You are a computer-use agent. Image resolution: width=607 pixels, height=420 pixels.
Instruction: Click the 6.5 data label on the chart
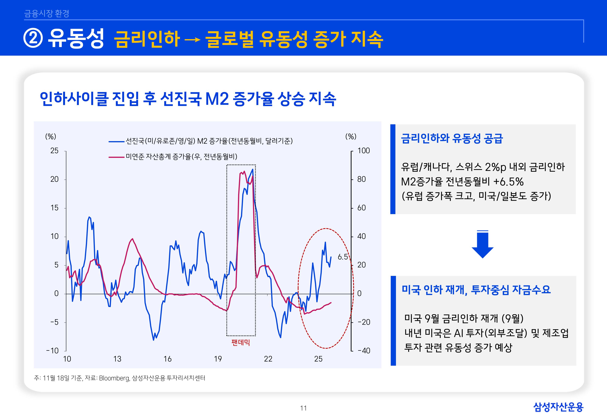pos(343,257)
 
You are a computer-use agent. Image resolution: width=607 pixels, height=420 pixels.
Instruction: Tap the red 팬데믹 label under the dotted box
pos(240,342)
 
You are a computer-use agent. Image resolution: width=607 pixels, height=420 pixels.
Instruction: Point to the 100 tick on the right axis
pos(363,151)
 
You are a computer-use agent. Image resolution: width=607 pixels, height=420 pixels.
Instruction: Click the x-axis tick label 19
pos(218,359)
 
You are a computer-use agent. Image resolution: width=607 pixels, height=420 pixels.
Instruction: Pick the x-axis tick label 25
pos(318,359)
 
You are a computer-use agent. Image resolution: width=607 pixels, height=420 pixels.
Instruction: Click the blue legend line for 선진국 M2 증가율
pos(116,141)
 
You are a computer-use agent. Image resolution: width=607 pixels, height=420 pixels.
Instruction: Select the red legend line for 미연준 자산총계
pos(116,157)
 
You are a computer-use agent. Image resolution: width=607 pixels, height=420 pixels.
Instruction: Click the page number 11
pos(303,408)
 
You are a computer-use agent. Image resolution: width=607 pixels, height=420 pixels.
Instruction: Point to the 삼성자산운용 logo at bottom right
pos(558,407)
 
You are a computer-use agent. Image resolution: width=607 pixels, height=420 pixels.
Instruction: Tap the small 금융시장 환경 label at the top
pos(47,13)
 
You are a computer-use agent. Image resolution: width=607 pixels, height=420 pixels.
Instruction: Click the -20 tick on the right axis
pos(364,322)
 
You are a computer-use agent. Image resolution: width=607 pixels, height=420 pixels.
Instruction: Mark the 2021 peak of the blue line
pos(253,169)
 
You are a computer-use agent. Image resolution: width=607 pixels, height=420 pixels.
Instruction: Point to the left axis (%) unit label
pos(51,136)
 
